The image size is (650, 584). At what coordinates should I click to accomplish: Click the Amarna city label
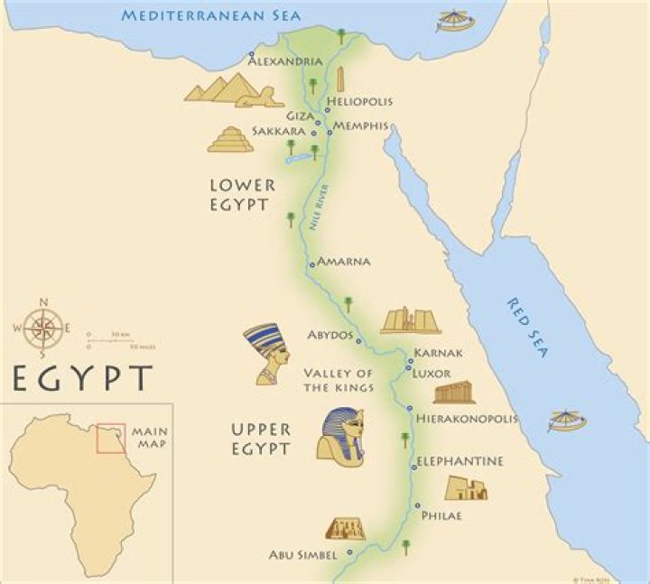pyautogui.click(x=344, y=262)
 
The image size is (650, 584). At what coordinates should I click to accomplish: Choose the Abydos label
pyautogui.click(x=330, y=334)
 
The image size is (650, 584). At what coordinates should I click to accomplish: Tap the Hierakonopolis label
pyautogui.click(x=466, y=419)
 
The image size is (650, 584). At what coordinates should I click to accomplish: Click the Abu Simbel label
pyautogui.click(x=302, y=553)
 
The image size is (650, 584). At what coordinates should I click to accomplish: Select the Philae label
pyautogui.click(x=441, y=515)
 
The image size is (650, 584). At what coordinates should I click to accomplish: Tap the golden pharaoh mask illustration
pyautogui.click(x=340, y=437)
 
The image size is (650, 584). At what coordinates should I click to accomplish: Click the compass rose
pyautogui.click(x=41, y=329)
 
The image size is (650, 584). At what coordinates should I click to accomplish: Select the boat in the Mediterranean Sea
pyautogui.click(x=456, y=21)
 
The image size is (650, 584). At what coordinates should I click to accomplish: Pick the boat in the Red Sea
pyautogui.click(x=567, y=422)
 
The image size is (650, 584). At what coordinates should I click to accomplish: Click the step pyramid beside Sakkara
pyautogui.click(x=230, y=139)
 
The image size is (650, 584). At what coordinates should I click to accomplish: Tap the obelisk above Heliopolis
pyautogui.click(x=341, y=79)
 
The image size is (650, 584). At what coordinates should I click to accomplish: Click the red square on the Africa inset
pyautogui.click(x=112, y=438)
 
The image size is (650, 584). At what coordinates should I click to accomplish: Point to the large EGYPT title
pyautogui.click(x=81, y=377)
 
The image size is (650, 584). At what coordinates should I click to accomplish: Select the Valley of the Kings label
pyautogui.click(x=339, y=381)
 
